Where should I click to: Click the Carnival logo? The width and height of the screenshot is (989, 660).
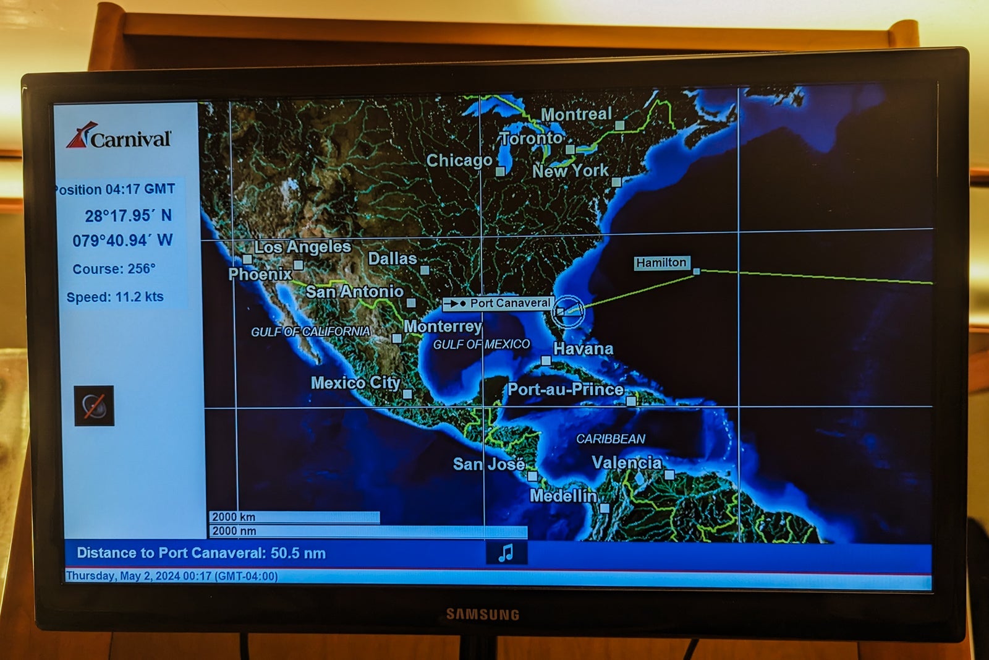(x=119, y=137)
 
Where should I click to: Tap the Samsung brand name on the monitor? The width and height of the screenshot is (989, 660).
(x=482, y=614)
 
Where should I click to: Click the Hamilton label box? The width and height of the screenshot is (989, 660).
(x=661, y=263)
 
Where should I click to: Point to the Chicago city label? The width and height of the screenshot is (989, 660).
(x=459, y=161)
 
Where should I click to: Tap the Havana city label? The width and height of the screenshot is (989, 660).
(x=583, y=349)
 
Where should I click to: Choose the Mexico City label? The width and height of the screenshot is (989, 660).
(x=355, y=383)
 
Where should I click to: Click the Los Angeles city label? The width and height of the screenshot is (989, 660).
(x=302, y=247)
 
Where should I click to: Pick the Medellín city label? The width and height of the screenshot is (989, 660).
(x=562, y=495)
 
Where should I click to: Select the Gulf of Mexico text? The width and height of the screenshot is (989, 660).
(x=481, y=345)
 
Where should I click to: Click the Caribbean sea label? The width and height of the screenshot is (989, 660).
(x=611, y=439)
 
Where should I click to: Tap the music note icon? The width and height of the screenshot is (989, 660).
(x=506, y=552)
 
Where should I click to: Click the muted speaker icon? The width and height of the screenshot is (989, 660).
(x=94, y=406)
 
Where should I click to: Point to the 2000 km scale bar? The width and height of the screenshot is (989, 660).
(x=294, y=517)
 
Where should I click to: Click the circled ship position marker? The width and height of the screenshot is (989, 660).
(x=567, y=310)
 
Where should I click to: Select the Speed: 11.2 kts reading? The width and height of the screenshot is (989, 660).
(x=115, y=297)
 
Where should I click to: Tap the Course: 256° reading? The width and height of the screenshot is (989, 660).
(x=114, y=269)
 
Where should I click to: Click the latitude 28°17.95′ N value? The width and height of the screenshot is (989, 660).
(x=128, y=216)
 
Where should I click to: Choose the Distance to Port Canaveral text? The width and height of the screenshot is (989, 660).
(x=201, y=553)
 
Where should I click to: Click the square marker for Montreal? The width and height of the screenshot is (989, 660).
(x=619, y=125)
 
